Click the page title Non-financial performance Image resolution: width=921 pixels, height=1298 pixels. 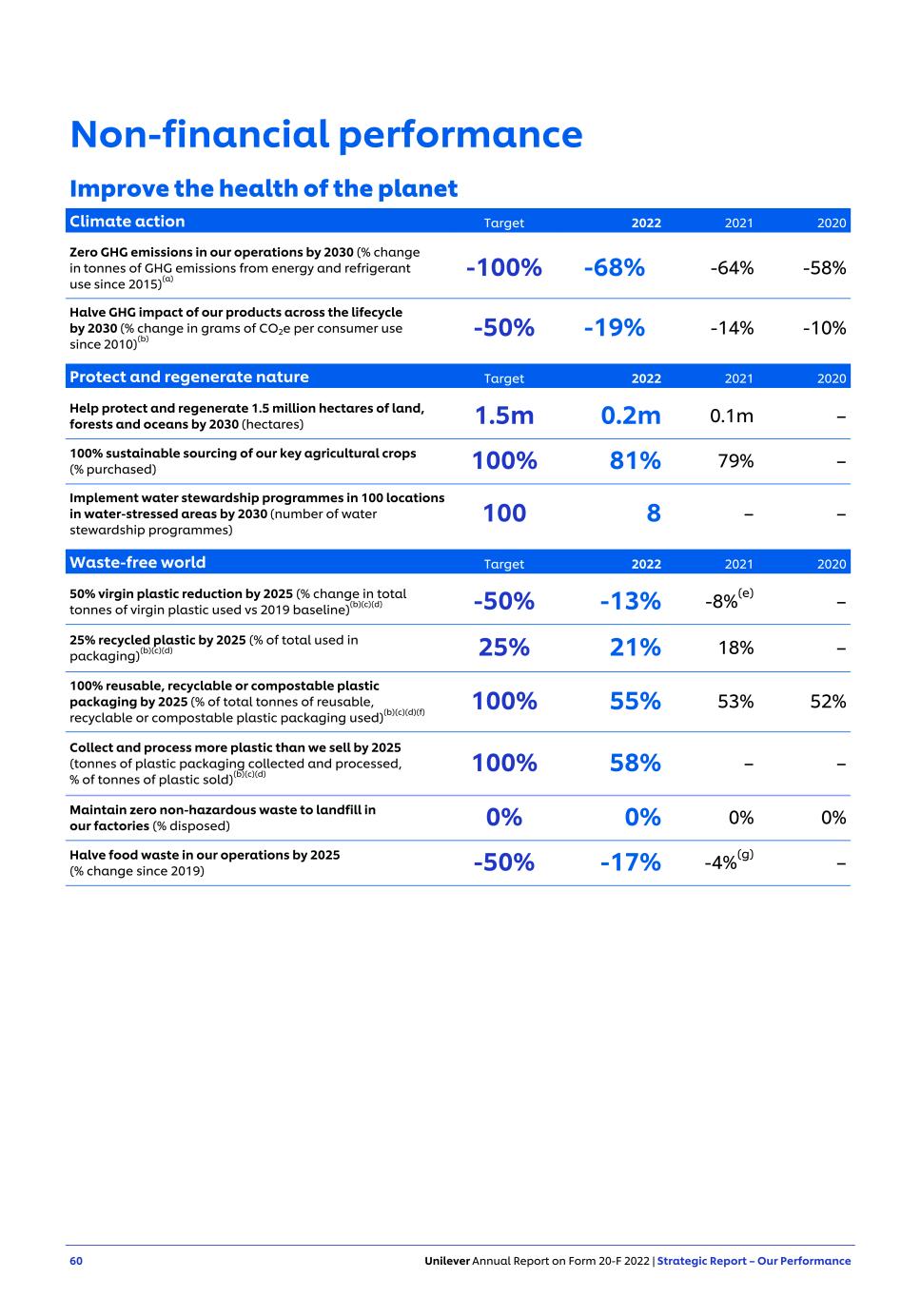click(325, 134)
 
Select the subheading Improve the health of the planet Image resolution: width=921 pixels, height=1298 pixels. click(264, 188)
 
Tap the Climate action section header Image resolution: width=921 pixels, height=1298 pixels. click(127, 222)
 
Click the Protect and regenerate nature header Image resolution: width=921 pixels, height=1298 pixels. click(188, 378)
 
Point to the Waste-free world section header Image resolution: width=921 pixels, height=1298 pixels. click(137, 563)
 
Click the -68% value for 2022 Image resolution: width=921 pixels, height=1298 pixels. click(614, 268)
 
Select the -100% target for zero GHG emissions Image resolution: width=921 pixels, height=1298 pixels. click(503, 268)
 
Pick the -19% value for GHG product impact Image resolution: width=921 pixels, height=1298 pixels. click(614, 328)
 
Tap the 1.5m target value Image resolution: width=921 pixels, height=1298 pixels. click(503, 416)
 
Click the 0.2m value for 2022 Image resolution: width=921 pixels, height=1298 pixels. click(630, 416)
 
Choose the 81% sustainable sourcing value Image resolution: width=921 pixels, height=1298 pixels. click(635, 461)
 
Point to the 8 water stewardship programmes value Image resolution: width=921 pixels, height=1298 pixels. click(653, 513)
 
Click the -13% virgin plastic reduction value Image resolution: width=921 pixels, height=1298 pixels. click(630, 601)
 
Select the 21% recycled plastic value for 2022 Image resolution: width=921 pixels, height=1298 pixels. click(635, 648)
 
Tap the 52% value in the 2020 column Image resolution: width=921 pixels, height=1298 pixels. click(828, 702)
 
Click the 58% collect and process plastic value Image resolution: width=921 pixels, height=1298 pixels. click(635, 763)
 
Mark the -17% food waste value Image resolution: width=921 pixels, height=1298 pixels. click(630, 862)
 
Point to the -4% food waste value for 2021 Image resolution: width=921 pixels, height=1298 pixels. click(721, 862)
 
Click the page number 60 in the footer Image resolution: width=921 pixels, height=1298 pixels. click(76, 1261)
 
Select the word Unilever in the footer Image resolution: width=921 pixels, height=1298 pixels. click(447, 1261)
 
